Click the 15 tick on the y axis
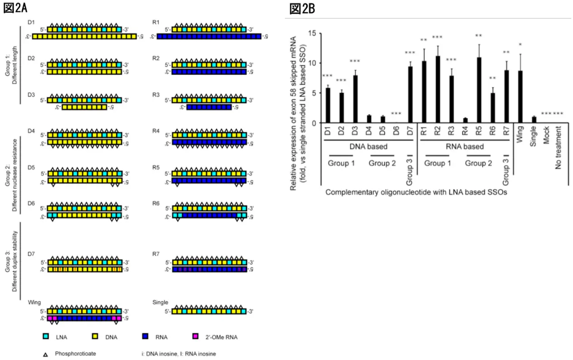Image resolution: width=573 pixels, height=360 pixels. click(x=312, y=33)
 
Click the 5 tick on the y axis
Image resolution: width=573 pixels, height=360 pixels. click(x=312, y=93)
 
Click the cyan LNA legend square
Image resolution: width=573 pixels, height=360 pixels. click(x=46, y=337)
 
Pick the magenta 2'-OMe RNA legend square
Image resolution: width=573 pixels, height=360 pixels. click(x=196, y=337)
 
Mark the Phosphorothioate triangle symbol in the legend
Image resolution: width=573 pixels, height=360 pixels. click(x=46, y=353)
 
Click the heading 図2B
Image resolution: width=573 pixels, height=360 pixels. click(x=302, y=9)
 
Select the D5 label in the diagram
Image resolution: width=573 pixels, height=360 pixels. click(x=31, y=167)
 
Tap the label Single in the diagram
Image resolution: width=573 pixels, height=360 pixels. click(x=160, y=302)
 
